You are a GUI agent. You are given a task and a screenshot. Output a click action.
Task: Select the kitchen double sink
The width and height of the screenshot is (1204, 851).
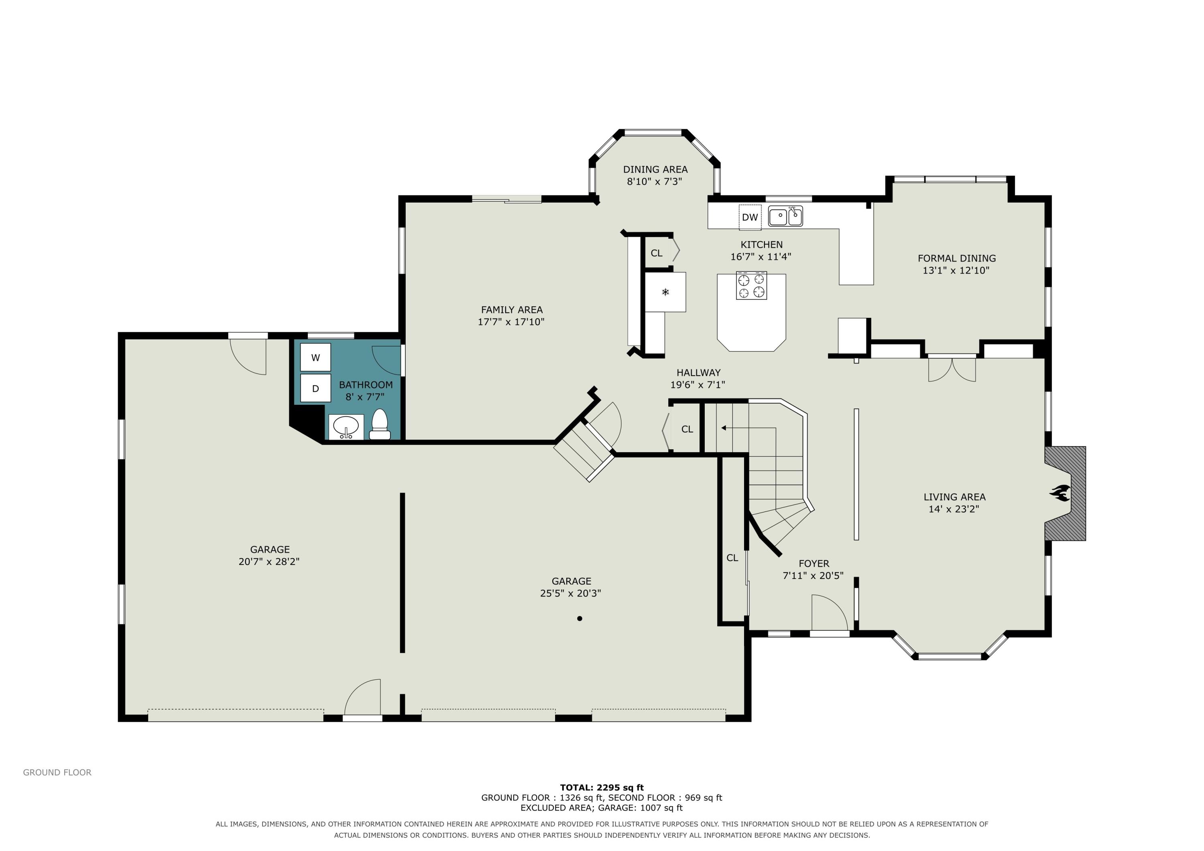785,216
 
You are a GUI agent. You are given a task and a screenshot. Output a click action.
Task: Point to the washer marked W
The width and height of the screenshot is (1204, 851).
316,357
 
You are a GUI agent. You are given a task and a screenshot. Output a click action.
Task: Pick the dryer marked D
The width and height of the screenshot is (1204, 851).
316,388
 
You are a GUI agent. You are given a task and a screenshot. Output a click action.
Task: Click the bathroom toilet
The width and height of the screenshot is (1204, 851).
380,424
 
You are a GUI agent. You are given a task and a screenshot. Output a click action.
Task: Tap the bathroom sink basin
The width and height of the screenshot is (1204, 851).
346,427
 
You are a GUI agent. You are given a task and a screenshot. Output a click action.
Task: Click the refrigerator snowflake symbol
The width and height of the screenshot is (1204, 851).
665,292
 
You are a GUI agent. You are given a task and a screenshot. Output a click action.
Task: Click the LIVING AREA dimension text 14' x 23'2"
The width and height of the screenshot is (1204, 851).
954,509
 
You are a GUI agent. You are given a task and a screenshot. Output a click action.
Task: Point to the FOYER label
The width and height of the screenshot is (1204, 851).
814,564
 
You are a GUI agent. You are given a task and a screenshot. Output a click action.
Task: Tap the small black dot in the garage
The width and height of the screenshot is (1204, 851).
580,619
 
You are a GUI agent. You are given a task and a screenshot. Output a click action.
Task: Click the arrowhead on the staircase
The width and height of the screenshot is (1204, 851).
724,428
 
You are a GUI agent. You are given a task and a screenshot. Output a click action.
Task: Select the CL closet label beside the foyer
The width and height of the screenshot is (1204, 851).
732,558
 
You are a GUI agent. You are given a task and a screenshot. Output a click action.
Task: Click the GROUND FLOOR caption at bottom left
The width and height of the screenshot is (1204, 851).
57,772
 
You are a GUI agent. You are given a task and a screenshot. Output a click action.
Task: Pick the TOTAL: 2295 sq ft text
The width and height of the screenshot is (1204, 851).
602,787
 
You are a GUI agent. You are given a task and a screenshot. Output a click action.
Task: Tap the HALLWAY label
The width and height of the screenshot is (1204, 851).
698,372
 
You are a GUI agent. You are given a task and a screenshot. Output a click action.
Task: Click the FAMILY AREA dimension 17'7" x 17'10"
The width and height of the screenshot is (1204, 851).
511,321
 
